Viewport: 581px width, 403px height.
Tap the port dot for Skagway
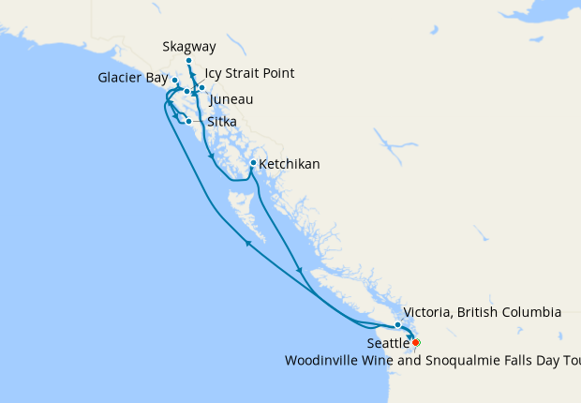[x=188, y=61]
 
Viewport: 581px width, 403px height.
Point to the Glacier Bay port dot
[x=175, y=81]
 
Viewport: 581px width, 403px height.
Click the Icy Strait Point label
[x=249, y=73]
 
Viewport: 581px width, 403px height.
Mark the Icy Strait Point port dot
[x=187, y=91]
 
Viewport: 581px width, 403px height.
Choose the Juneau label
[x=231, y=99]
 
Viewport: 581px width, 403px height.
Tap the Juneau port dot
[x=201, y=87]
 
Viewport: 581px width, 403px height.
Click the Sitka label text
[x=221, y=122]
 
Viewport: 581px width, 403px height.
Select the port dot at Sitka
[x=188, y=121]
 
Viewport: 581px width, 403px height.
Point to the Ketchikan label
[x=289, y=164]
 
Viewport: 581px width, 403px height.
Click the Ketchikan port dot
[x=252, y=163]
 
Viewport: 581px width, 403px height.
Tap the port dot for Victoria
[x=398, y=324]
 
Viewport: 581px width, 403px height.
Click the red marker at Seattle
[x=415, y=343]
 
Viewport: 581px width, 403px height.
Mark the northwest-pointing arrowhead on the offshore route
[x=248, y=243]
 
